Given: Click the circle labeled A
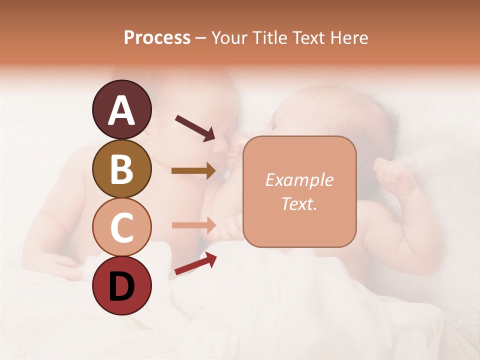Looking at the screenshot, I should point(121,109).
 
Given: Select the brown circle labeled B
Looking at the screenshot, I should point(121,168).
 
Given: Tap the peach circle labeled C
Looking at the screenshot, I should point(121,227).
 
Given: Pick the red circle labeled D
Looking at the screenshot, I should point(121,285).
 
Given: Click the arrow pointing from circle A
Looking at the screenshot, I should point(195,127).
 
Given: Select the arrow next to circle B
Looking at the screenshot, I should point(193,171).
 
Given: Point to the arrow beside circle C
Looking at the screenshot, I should point(193,225).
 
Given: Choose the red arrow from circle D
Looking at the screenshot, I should point(195,263).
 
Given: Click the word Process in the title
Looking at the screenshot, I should point(157,37).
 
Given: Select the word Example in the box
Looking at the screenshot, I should point(299,180).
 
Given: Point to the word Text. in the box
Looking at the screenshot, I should point(299,204).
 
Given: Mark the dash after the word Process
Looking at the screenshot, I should point(200,38).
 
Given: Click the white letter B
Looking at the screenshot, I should point(121,169).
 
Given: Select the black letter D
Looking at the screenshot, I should point(121,286).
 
